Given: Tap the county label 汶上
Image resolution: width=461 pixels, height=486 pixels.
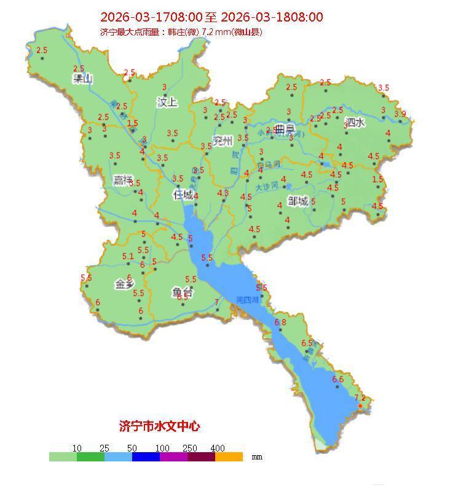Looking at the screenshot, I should click(167, 102).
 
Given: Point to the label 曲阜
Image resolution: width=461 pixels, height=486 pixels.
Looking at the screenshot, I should click(285, 130).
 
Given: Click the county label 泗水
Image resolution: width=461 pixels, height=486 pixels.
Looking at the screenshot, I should click(355, 122).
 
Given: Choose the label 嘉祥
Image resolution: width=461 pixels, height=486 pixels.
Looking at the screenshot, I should click(123, 180).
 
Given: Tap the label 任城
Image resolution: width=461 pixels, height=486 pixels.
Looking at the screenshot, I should click(183, 194).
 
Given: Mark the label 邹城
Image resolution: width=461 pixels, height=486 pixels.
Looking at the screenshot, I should click(297, 201).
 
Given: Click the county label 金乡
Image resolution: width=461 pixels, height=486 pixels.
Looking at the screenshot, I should click(125, 284).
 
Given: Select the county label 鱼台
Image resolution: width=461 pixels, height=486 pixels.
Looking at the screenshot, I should click(183, 293).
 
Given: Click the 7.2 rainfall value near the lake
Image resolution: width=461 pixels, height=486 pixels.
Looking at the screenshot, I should click(360, 398).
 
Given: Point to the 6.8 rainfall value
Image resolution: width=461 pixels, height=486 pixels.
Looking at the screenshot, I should click(281, 322).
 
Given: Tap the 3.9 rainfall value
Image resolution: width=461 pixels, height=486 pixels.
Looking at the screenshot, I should click(400, 114).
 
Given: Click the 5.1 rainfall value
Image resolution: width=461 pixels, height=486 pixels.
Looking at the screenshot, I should click(128, 257).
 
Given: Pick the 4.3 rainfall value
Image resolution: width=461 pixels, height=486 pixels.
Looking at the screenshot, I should click(223, 193).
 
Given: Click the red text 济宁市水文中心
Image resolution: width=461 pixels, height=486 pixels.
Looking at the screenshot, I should click(159, 426).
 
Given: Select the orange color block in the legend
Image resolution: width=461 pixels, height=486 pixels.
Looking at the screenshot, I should click(229, 457).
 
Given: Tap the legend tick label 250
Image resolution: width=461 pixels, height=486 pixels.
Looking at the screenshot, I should click(189, 448).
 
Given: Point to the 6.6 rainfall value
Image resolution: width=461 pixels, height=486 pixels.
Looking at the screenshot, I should click(338, 380).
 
